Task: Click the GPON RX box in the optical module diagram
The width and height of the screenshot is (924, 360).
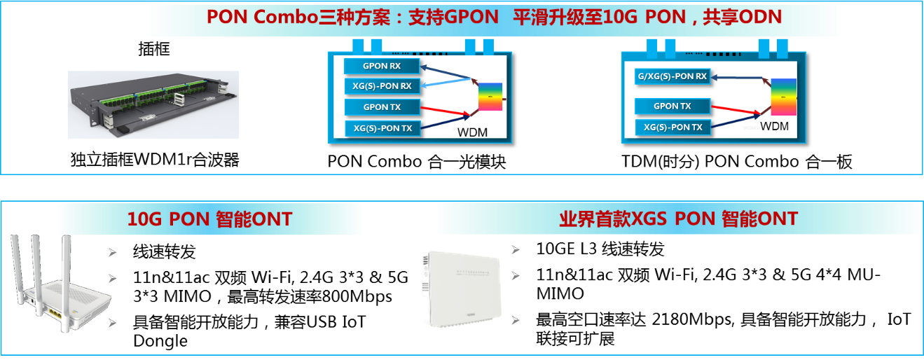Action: (x=382, y=66)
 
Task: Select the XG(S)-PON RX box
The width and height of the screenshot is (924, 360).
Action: (x=382, y=86)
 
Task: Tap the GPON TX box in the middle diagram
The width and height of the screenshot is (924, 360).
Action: (x=382, y=107)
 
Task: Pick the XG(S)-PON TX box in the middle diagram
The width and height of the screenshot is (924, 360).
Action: (x=382, y=128)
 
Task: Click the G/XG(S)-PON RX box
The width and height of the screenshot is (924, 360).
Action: (x=673, y=76)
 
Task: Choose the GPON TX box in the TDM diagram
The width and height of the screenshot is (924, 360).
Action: (x=673, y=106)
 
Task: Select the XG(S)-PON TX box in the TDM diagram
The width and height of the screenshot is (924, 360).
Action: (x=673, y=127)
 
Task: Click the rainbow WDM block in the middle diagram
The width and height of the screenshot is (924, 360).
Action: (x=490, y=97)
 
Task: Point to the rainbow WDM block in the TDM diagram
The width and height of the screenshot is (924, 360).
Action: (x=784, y=97)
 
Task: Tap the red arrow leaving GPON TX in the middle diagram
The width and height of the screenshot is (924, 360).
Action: (x=445, y=110)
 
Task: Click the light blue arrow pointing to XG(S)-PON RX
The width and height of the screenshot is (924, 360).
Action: (x=446, y=82)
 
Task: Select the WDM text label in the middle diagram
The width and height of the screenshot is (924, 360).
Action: (x=472, y=132)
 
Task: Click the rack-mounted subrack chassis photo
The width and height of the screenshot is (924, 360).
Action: (x=153, y=105)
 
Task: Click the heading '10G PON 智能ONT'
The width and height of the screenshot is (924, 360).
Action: (x=209, y=219)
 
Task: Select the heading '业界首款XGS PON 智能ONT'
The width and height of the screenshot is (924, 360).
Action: (x=679, y=219)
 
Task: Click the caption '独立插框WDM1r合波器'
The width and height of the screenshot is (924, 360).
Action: (x=155, y=160)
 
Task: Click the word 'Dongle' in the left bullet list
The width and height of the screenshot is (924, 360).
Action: (x=160, y=341)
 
